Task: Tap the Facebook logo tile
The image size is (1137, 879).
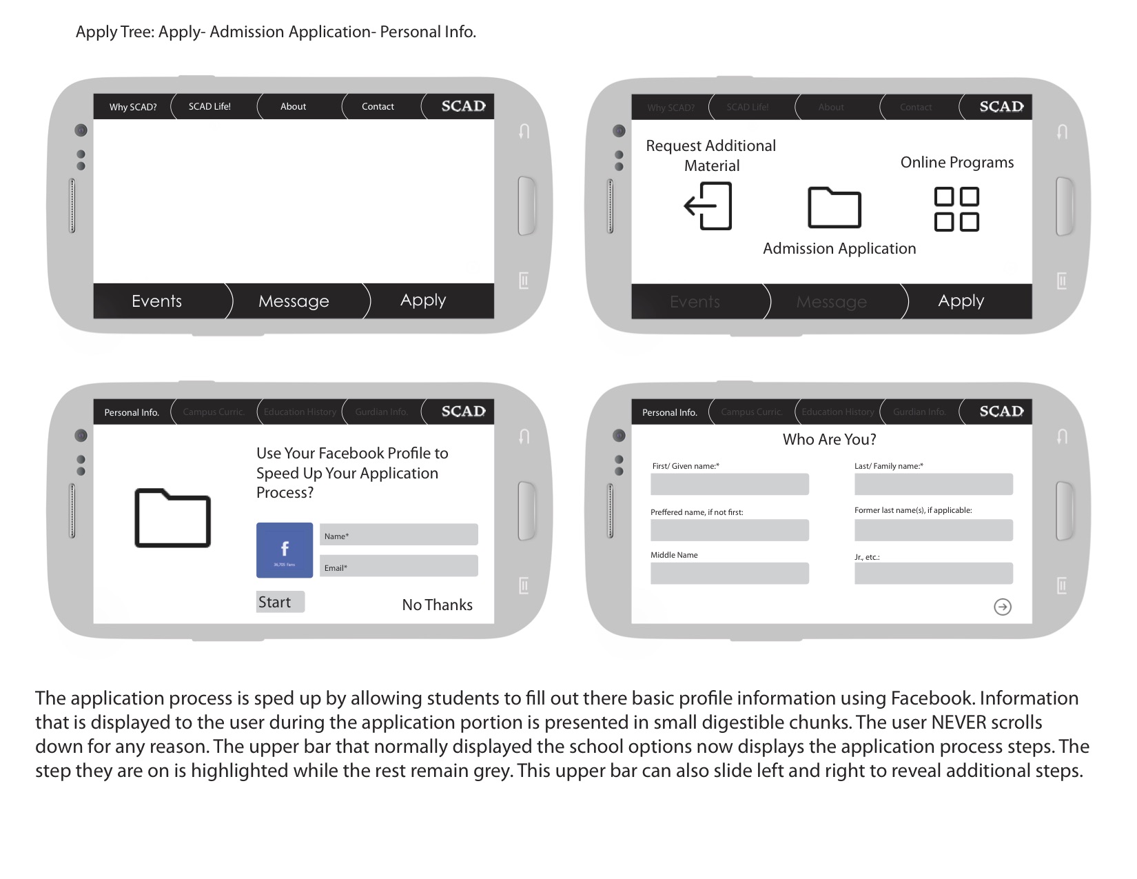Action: tap(285, 550)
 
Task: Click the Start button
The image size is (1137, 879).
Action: tap(280, 602)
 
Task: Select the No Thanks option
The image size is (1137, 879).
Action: tap(437, 605)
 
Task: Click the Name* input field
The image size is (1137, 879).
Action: tap(398, 535)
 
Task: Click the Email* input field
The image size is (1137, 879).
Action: tap(398, 566)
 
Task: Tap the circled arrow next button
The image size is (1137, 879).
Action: tap(1003, 607)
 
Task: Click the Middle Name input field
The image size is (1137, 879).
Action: tap(729, 574)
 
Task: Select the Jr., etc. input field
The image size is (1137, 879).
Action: tap(933, 574)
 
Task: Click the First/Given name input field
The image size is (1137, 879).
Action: tap(729, 484)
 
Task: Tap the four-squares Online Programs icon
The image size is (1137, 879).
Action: tap(956, 209)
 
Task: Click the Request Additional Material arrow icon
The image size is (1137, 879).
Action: tap(708, 206)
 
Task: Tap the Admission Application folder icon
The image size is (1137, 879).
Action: tap(834, 208)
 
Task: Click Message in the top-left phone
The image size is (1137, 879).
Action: tap(294, 301)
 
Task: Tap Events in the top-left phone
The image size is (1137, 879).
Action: tap(156, 301)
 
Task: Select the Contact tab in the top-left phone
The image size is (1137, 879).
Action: tap(378, 107)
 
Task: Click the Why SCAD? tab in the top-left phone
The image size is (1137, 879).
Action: tap(133, 107)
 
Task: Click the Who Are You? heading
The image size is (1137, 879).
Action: tap(829, 439)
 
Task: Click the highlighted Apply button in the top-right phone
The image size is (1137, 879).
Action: tap(961, 301)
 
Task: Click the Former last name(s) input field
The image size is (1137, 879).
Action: tap(933, 530)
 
